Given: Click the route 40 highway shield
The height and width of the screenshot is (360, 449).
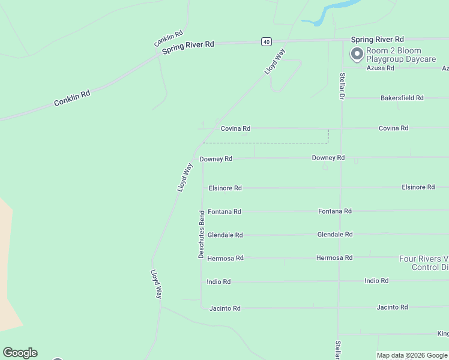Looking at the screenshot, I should [267, 41].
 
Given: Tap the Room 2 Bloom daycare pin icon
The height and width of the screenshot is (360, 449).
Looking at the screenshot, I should [357, 55].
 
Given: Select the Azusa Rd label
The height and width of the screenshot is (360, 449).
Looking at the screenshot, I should [381, 68].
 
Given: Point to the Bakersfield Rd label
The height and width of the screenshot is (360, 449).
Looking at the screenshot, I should [402, 98].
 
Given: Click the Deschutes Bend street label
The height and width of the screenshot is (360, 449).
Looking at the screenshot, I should [202, 234].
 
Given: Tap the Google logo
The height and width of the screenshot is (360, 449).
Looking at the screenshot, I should [20, 353].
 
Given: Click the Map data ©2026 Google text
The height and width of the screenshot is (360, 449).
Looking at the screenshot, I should [412, 355].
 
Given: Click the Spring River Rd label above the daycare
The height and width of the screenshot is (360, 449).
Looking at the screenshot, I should [378, 39].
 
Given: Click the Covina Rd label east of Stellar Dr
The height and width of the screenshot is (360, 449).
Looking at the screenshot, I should [393, 128].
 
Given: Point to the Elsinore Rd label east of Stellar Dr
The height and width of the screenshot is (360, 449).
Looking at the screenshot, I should [418, 187].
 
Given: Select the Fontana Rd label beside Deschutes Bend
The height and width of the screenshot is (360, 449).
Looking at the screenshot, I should [224, 212].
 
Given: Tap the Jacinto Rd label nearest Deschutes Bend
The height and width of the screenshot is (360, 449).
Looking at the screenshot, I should [224, 308].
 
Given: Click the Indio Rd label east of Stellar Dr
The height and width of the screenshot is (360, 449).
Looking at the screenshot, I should [376, 281].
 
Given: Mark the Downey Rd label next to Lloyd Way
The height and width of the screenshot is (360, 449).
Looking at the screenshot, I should [215, 159].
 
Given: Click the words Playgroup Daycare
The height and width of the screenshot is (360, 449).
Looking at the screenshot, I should [394, 59].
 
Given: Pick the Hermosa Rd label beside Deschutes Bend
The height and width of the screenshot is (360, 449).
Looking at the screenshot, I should [225, 259].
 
